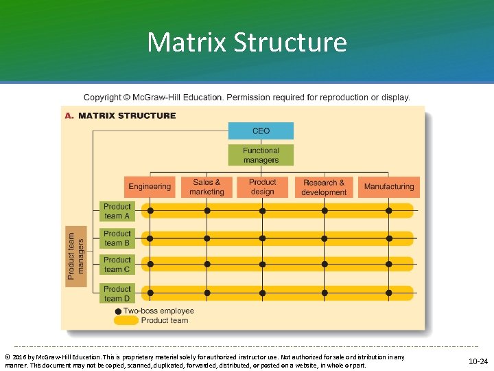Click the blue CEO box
[x=261, y=131]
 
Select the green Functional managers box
[x=261, y=155]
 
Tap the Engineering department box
[x=150, y=187]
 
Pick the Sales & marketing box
[x=207, y=187]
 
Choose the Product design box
[x=262, y=187]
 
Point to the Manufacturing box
[x=389, y=187]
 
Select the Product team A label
[x=117, y=211]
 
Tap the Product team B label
[x=117, y=238]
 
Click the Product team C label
[x=117, y=265]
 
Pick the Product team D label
[x=117, y=293]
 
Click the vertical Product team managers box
[x=76, y=256]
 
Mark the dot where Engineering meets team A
[x=150, y=210]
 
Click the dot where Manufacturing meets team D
[x=388, y=293]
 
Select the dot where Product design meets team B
[x=261, y=238]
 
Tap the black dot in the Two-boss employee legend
[x=119, y=311]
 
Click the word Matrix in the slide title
[x=187, y=43]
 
